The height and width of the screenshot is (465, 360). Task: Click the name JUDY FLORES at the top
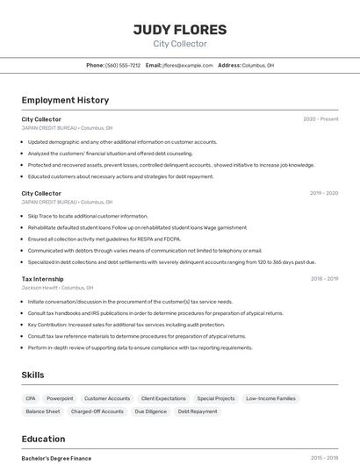(x=179, y=30)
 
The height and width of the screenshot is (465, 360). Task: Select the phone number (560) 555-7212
(x=123, y=66)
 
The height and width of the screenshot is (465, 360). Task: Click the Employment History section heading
(x=65, y=101)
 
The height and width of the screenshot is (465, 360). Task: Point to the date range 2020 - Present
(x=320, y=119)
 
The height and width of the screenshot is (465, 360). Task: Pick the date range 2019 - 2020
(x=323, y=193)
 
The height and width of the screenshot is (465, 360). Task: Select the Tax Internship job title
(x=42, y=279)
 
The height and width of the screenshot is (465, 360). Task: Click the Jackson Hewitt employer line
(x=57, y=288)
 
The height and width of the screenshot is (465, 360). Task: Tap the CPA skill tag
(x=31, y=398)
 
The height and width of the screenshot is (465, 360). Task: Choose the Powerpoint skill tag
(x=60, y=398)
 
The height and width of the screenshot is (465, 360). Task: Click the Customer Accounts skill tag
(x=107, y=398)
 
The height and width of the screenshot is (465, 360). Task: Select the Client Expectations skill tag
(x=163, y=398)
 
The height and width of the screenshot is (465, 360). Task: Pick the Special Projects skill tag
(x=216, y=398)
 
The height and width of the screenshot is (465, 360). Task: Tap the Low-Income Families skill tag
(x=270, y=398)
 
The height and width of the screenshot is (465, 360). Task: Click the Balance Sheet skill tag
(x=43, y=411)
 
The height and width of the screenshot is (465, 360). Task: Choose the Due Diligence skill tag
(x=150, y=411)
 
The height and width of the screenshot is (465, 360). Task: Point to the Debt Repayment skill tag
(x=198, y=411)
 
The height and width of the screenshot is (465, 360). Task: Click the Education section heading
(x=43, y=439)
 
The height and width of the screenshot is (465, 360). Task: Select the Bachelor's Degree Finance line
(x=56, y=458)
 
